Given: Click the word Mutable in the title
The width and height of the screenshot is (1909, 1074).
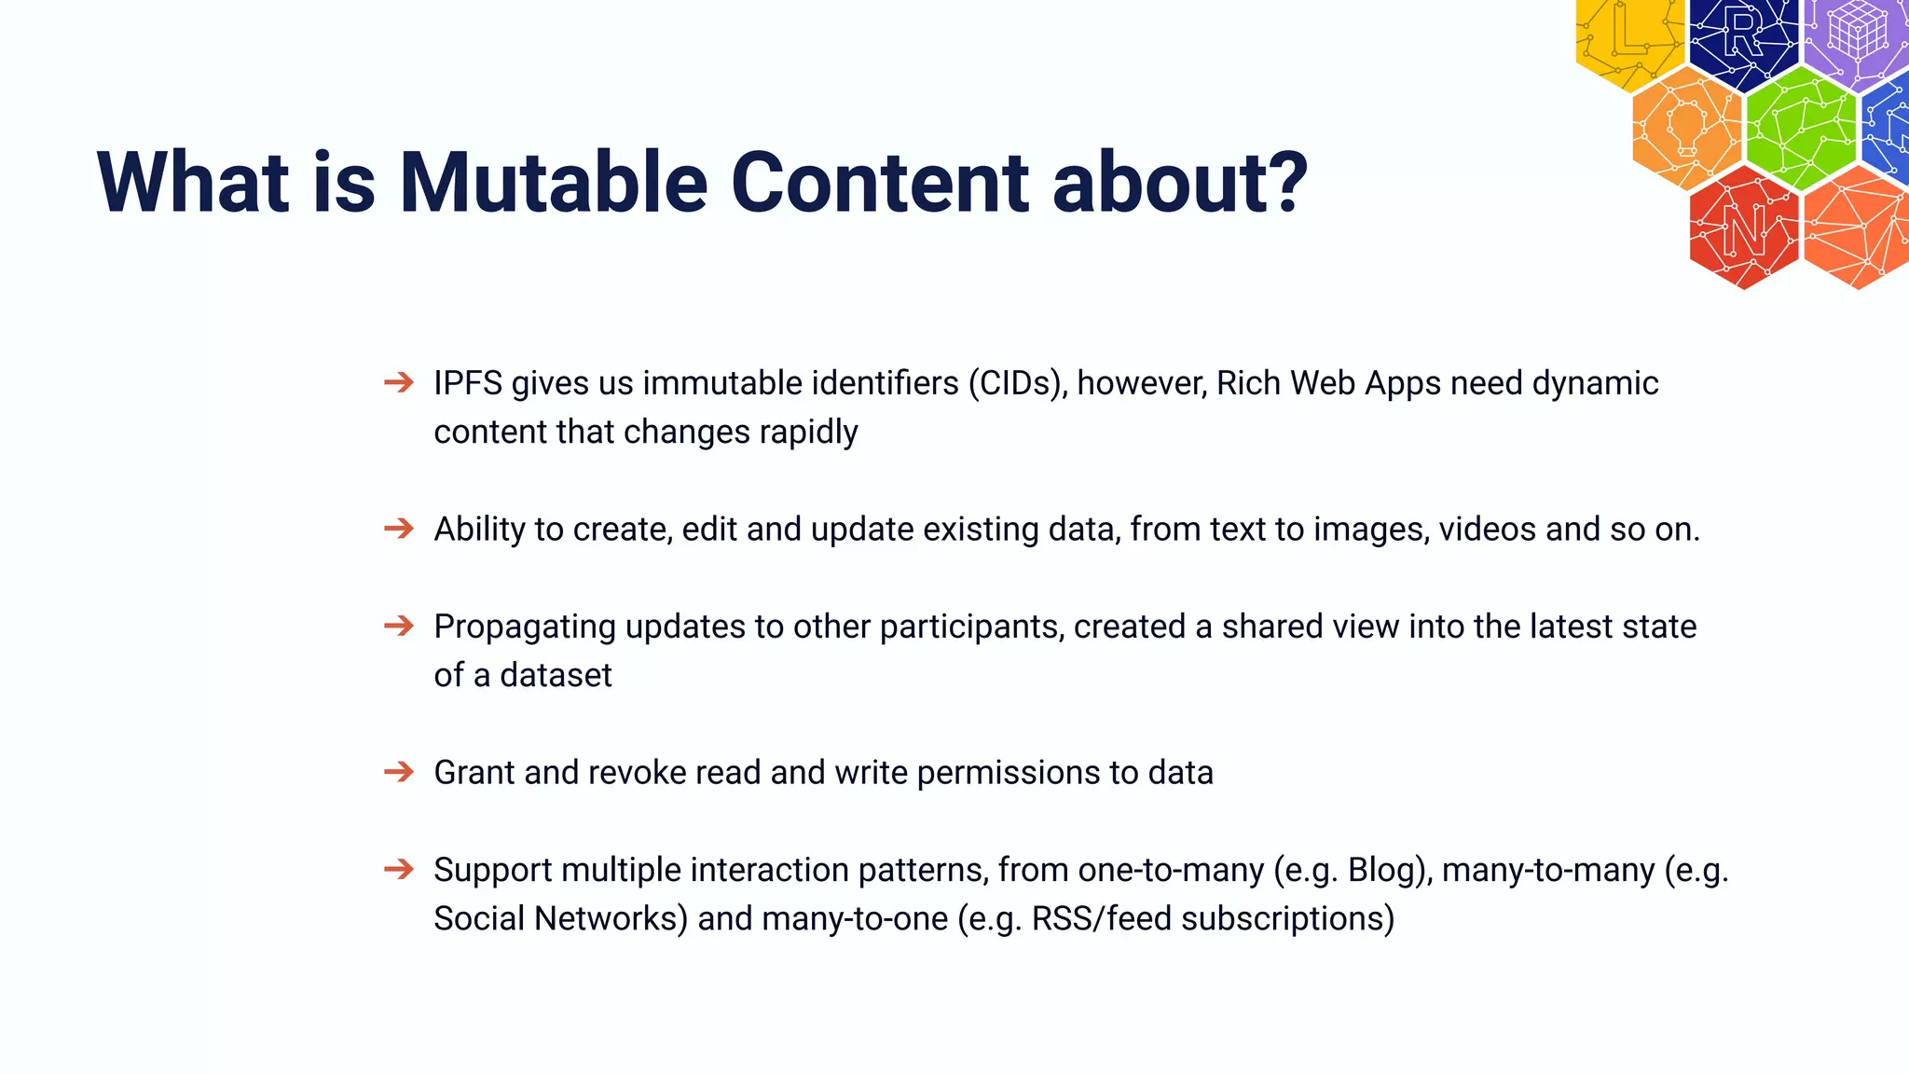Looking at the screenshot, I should (x=554, y=183).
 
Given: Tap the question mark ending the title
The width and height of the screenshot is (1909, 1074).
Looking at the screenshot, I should (x=1288, y=183).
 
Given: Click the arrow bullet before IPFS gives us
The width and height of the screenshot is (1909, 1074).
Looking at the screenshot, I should (x=399, y=382).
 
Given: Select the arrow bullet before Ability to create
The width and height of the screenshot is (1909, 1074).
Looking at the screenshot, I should (x=399, y=529).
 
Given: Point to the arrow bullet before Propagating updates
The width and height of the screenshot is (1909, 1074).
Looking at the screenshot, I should (x=399, y=626).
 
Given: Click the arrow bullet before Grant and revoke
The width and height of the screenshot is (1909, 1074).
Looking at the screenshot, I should (x=399, y=772).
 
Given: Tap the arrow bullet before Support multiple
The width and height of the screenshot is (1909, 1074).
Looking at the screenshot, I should (x=399, y=869).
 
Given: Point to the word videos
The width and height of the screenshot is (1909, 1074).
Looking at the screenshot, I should (x=1487, y=530).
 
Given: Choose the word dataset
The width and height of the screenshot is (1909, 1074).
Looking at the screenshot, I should (x=556, y=675).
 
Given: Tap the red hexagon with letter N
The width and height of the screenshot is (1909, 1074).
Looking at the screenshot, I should (x=1743, y=227).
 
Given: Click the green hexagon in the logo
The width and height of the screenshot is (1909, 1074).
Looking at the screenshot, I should (x=1800, y=130).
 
